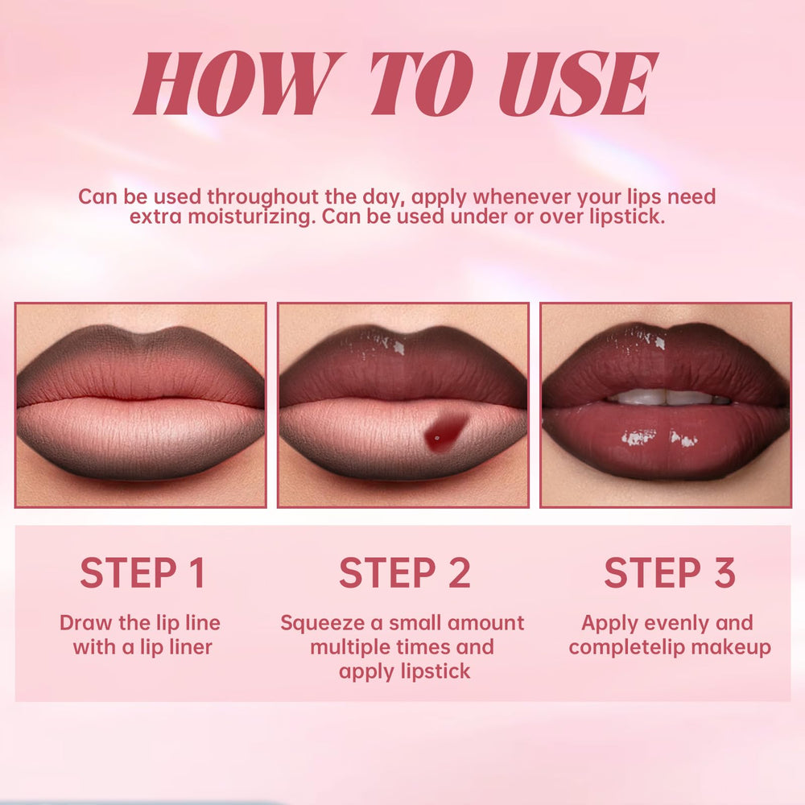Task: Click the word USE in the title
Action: click(x=580, y=84)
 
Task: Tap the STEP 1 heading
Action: click(x=143, y=572)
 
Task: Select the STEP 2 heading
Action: click(x=405, y=572)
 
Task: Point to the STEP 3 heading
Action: click(x=670, y=572)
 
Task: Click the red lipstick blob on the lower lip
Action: click(x=444, y=432)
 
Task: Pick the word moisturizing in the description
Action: click(x=250, y=217)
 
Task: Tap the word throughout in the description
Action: click(x=262, y=197)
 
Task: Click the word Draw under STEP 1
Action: click(x=86, y=623)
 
